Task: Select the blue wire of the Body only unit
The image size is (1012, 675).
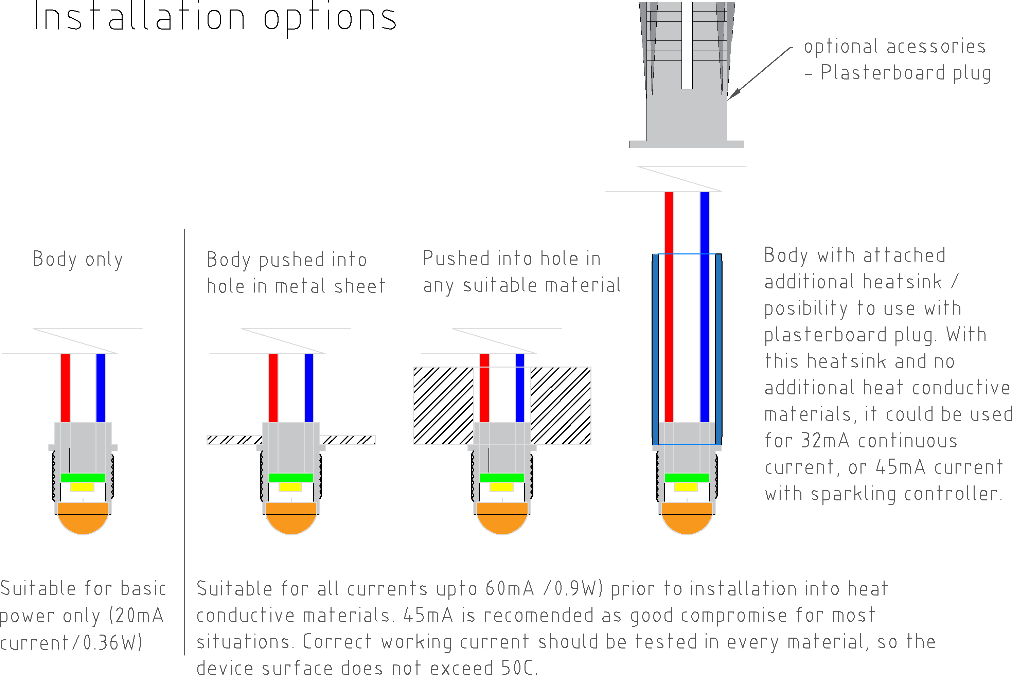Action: [x=101, y=388]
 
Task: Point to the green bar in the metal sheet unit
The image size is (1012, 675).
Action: [x=291, y=477]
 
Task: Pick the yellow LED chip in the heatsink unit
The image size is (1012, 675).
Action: [x=686, y=487]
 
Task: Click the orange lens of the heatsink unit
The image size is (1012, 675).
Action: [x=687, y=518]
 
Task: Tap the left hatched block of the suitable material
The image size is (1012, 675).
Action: [x=443, y=406]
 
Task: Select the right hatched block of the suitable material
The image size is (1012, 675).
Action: [x=561, y=406]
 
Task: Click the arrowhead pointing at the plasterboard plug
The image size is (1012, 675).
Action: [x=733, y=94]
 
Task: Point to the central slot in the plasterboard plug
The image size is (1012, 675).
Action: [x=687, y=45]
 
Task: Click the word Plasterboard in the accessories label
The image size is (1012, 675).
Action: [x=883, y=72]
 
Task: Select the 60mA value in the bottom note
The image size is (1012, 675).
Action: [x=510, y=588]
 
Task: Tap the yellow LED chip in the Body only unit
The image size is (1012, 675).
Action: [x=82, y=487]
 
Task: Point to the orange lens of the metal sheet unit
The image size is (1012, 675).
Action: [x=291, y=518]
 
